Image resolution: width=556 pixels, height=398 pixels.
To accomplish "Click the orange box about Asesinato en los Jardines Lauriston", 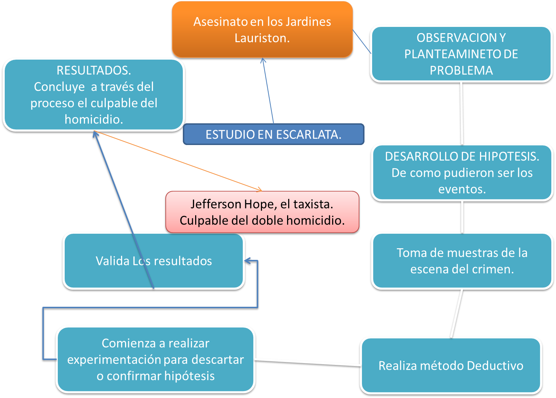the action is pyautogui.click(x=262, y=29).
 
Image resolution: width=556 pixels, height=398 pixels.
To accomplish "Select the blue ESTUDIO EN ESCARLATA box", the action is pyautogui.click(x=274, y=134).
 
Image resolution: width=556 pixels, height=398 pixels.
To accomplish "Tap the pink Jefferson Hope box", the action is pyautogui.click(x=262, y=212).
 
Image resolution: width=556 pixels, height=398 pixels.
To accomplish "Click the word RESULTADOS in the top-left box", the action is pyautogui.click(x=94, y=70).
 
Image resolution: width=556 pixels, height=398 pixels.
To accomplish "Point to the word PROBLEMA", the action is pyautogui.click(x=461, y=70).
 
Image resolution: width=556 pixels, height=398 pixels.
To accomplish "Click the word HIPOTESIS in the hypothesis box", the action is pyautogui.click(x=509, y=156).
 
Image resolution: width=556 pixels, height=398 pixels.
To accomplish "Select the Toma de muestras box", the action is pyautogui.click(x=462, y=261).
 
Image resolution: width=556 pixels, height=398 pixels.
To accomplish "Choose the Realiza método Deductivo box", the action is pyautogui.click(x=451, y=366).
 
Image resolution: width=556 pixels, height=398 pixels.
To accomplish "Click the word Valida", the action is pyautogui.click(x=112, y=261).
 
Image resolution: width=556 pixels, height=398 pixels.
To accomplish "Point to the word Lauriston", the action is pyautogui.click(x=262, y=38).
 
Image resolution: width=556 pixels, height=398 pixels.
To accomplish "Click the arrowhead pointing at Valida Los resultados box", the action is pyautogui.click(x=248, y=261).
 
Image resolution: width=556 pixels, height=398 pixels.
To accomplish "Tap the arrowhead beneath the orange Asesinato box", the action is pyautogui.click(x=263, y=60).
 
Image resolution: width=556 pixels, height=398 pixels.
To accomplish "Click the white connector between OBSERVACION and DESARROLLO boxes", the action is pyautogui.click(x=462, y=113).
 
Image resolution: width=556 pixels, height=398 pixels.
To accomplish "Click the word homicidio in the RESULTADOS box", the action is pyautogui.click(x=94, y=120).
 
